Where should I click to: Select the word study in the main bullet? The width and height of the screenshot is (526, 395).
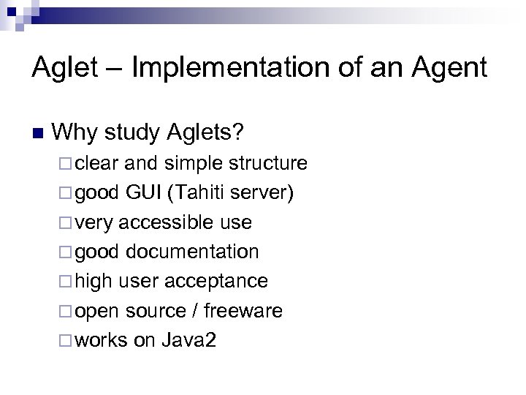coord(134,132)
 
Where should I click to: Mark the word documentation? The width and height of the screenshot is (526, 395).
coord(192,252)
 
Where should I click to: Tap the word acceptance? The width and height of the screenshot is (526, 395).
coord(216,282)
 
